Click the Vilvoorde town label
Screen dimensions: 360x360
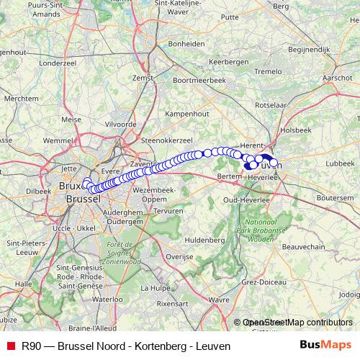tap(120, 124)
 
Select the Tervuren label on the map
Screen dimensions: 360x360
tap(168, 211)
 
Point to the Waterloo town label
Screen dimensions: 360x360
tap(107, 298)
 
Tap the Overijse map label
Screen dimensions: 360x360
tap(180, 256)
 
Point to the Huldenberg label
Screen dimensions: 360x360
tap(205, 239)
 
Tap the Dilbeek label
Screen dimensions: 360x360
tap(38, 191)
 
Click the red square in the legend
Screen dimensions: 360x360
tap(10, 346)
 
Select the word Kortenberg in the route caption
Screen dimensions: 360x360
tap(157, 346)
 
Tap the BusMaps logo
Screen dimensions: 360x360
tap(326, 346)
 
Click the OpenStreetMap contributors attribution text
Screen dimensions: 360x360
tap(297, 323)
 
